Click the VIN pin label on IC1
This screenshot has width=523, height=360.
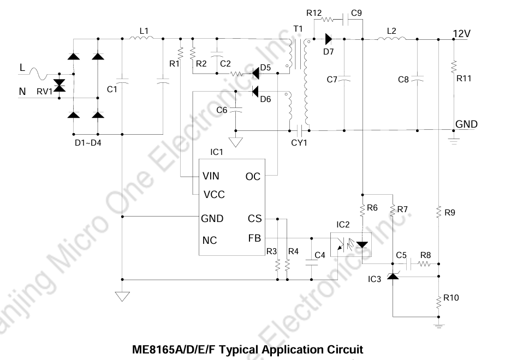[211, 176]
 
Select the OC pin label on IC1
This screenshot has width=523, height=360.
[253, 177]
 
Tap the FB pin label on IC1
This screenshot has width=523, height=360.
[254, 238]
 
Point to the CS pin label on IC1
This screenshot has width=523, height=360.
[255, 219]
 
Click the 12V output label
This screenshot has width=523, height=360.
[462, 34]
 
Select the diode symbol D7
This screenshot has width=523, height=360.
[329, 39]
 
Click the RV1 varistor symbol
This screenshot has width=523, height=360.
[60, 86]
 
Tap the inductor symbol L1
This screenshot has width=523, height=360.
[142, 38]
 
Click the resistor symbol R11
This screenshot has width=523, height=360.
[454, 67]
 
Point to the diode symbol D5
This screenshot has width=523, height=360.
[255, 73]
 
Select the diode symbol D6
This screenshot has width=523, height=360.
[255, 91]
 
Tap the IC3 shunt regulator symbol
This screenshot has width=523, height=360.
[393, 275]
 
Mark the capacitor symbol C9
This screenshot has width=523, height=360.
[346, 20]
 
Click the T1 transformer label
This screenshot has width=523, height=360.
[298, 29]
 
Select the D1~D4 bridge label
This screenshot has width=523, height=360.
[88, 143]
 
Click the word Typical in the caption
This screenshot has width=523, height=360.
[239, 350]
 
